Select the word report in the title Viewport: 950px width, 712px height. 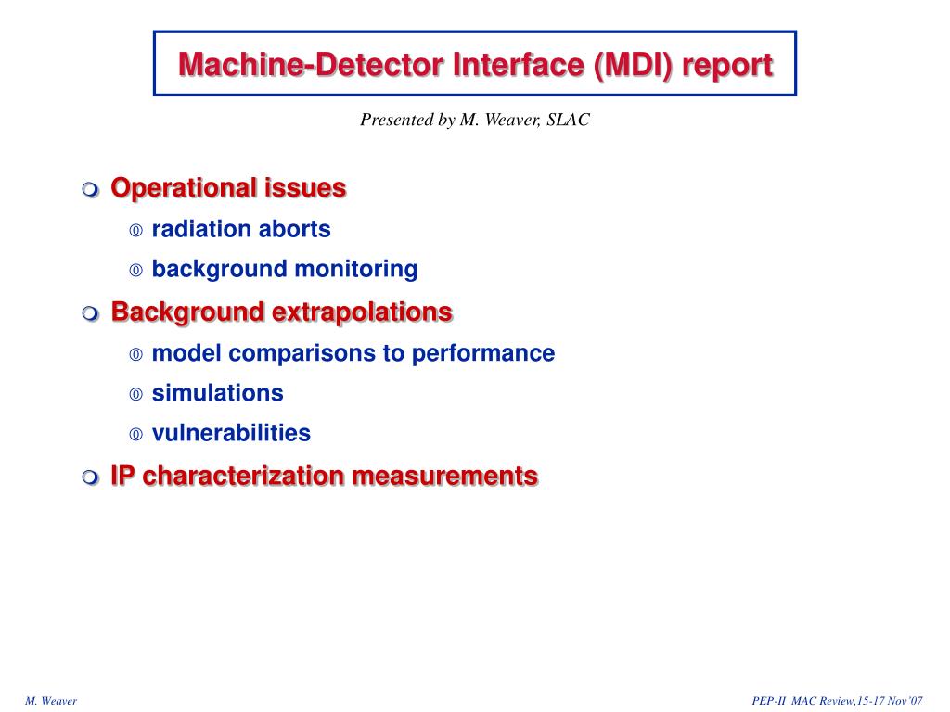[x=730, y=65]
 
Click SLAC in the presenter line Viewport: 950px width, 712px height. [x=569, y=121]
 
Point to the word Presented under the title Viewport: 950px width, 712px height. [x=396, y=121]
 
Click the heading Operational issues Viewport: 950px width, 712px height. [x=228, y=188]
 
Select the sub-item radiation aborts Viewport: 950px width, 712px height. [x=241, y=229]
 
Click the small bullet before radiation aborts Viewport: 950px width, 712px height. [x=135, y=231]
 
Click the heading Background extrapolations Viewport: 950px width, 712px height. [x=281, y=311]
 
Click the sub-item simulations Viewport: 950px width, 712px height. [x=217, y=393]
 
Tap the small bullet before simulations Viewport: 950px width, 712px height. [x=135, y=395]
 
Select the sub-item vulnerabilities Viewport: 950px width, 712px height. [x=231, y=433]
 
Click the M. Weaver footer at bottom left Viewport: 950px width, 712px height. [x=51, y=701]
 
